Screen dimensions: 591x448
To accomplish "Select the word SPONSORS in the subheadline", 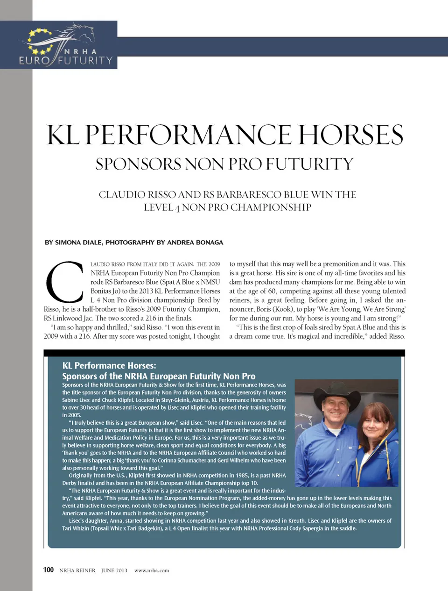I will click(x=138, y=164).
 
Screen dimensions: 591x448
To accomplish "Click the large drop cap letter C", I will click(x=64, y=282).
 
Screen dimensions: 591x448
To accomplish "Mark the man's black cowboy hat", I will click(x=333, y=396).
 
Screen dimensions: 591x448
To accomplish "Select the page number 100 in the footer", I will click(x=49, y=570).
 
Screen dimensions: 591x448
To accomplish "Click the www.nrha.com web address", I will click(x=152, y=570).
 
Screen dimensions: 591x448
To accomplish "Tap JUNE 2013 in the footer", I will click(x=114, y=570).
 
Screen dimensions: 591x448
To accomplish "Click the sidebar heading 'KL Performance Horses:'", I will click(x=109, y=366).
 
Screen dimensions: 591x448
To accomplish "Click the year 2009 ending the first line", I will click(x=214, y=264).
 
